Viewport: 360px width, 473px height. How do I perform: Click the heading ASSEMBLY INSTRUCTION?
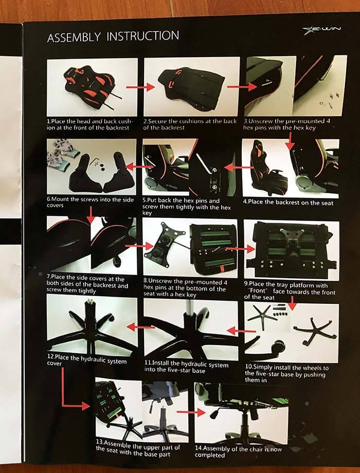[113, 37]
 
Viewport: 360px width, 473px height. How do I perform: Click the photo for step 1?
[92, 86]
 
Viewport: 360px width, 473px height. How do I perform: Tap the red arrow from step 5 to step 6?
[135, 167]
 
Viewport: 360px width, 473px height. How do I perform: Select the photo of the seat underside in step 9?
[292, 249]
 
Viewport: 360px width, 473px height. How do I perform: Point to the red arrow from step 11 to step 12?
[134, 326]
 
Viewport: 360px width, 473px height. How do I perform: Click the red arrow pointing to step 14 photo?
[187, 412]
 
